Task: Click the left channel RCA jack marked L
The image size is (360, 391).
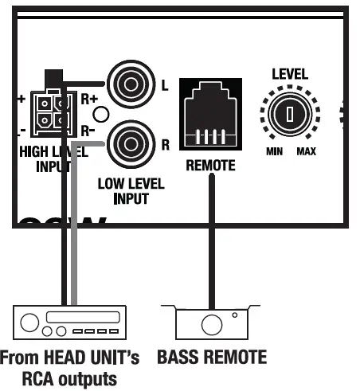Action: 128,84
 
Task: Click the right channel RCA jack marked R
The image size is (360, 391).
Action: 128,144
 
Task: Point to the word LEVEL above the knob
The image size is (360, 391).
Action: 289,74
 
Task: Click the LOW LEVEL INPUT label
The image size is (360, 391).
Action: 131,191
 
